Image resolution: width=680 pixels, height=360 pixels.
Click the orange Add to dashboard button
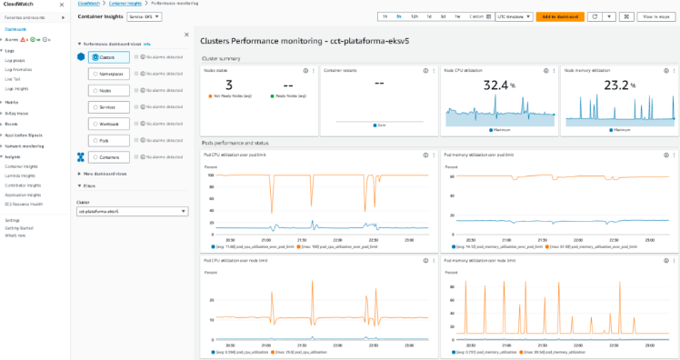[x=560, y=16]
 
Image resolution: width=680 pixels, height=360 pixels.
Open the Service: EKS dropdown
[x=144, y=16]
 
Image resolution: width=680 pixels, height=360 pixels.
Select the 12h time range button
[x=415, y=16]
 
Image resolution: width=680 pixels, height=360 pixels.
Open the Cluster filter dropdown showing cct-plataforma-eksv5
[x=132, y=211]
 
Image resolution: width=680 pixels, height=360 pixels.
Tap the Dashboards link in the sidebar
[x=15, y=29]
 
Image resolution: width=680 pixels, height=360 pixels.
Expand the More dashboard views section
[x=104, y=173]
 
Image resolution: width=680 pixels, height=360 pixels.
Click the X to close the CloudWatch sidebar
[x=62, y=5]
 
